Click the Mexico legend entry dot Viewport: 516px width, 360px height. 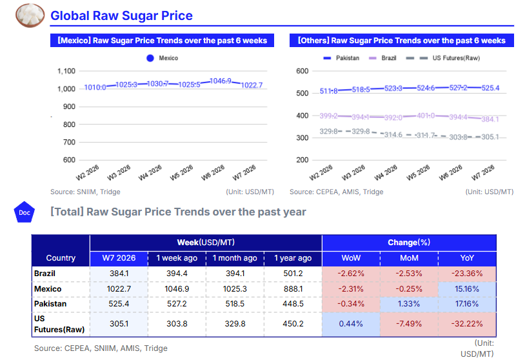pos(150,58)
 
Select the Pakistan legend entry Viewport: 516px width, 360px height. pos(342,58)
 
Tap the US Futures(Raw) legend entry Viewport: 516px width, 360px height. pos(456,58)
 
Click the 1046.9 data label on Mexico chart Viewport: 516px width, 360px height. pos(221,81)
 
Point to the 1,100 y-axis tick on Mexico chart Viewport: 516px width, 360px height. pos(66,71)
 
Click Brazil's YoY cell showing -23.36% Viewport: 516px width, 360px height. pos(467,273)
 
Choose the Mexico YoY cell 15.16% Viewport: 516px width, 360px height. pos(467,289)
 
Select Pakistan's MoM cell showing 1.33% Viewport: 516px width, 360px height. pos(409,304)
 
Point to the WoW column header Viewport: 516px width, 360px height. pos(351,258)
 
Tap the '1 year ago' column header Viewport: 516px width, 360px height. pos(293,258)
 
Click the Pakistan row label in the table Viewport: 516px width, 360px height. pos(50,304)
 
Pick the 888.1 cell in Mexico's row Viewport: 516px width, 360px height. pos(293,289)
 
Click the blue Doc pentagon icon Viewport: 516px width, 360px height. pos(24,212)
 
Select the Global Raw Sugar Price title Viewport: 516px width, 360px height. pos(121,15)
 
